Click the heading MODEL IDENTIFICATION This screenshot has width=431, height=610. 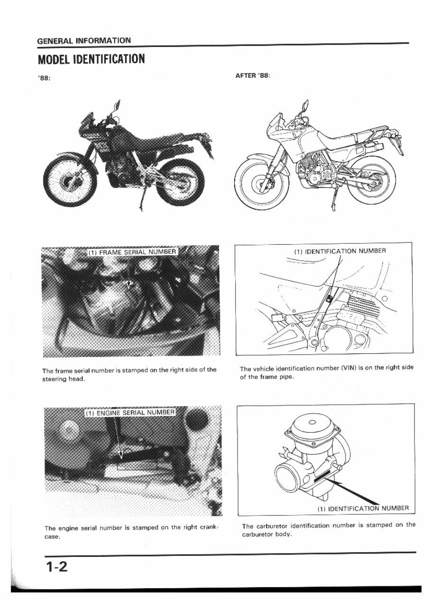click(91, 59)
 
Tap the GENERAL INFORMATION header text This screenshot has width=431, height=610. click(84, 40)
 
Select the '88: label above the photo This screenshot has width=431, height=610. click(44, 79)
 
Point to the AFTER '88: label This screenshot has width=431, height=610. click(253, 76)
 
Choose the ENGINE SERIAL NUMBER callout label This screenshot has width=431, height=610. click(129, 413)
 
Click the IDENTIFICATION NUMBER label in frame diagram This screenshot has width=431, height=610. click(339, 251)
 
